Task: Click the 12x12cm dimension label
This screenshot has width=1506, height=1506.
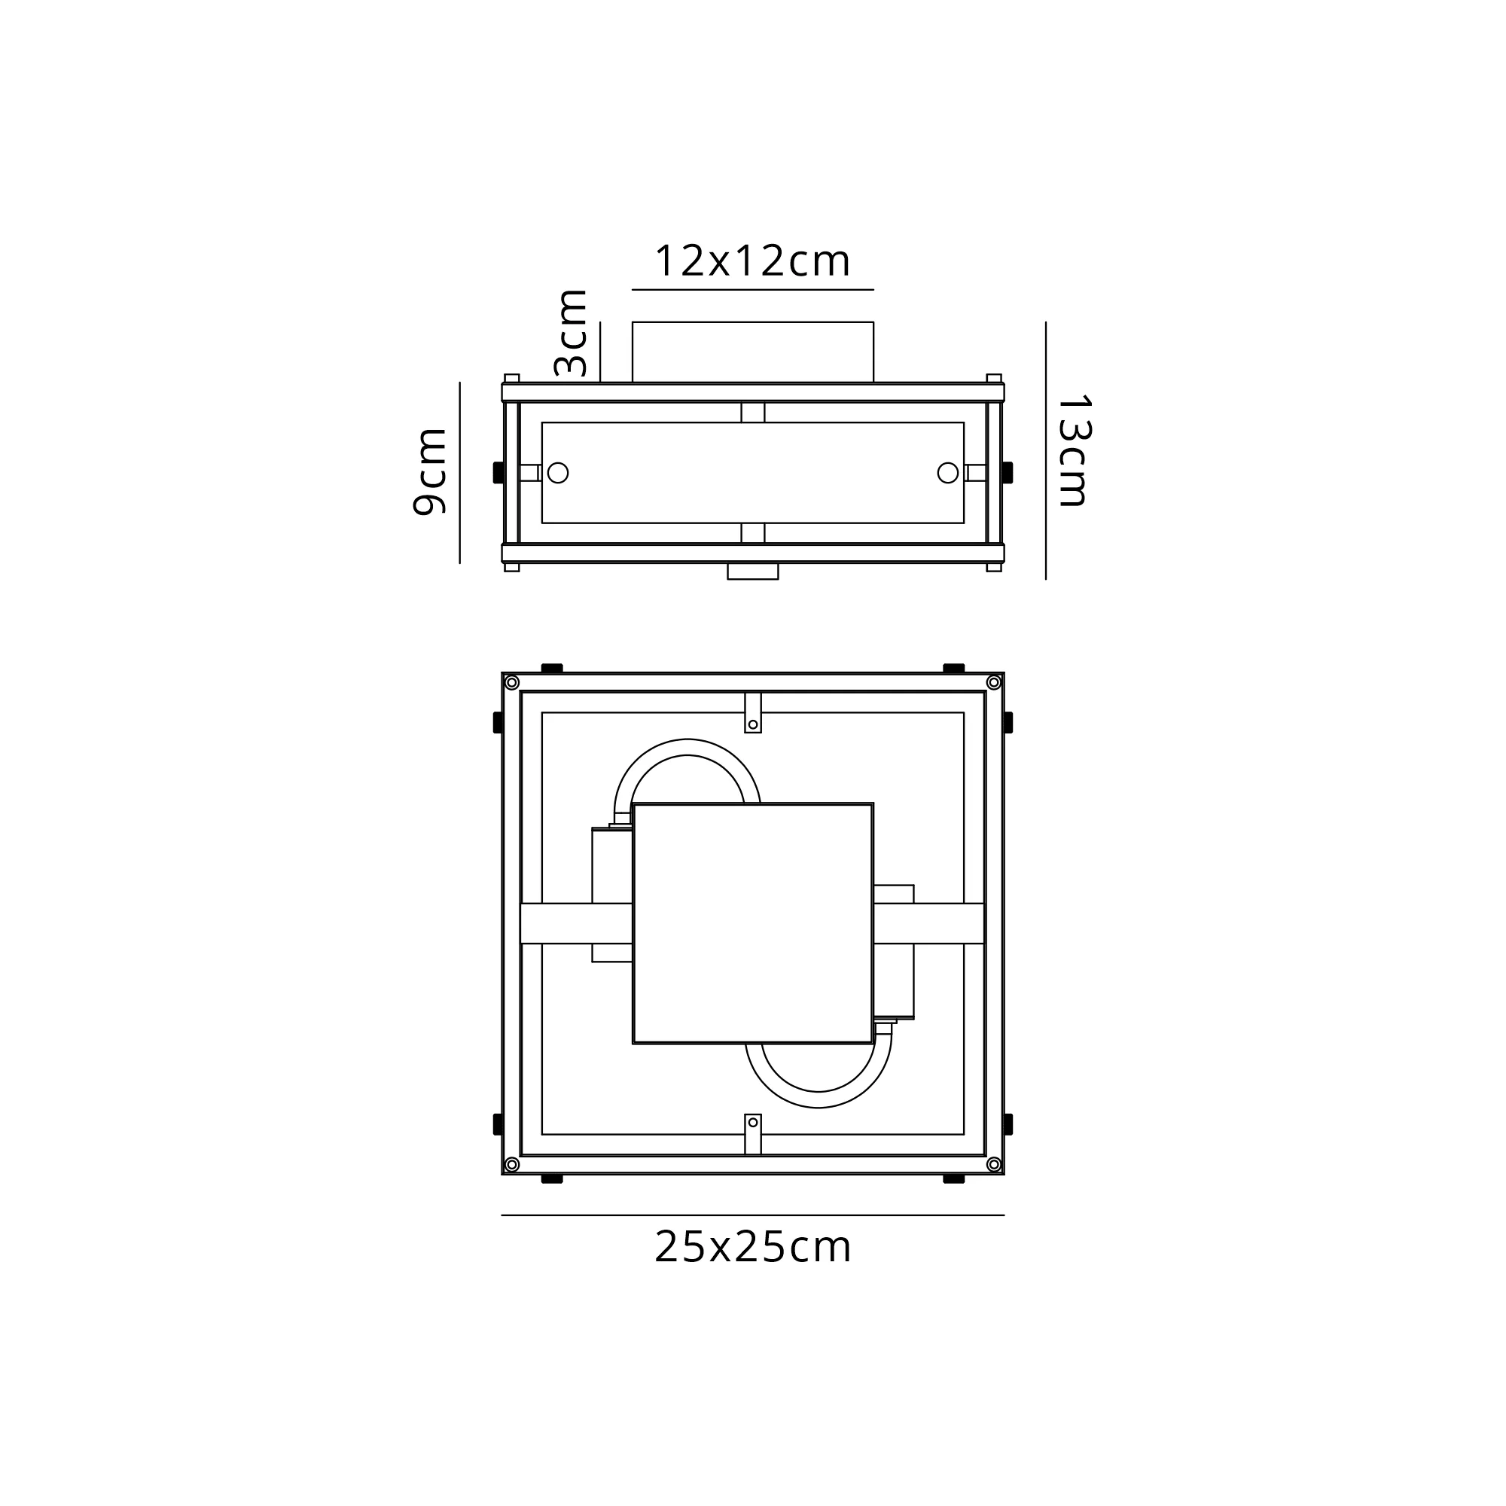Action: click(x=752, y=261)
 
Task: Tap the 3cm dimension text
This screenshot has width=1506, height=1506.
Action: click(x=571, y=333)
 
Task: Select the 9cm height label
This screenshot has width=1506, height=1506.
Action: click(x=429, y=471)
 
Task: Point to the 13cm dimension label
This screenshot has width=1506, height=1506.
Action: click(x=1073, y=452)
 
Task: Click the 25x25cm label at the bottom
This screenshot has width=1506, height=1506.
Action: click(x=752, y=1247)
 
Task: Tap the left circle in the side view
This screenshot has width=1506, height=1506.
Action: click(x=558, y=472)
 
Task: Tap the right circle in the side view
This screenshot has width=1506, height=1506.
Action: click(x=948, y=472)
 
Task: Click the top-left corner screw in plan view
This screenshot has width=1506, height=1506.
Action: click(x=512, y=683)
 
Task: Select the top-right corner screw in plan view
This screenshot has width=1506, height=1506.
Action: click(x=994, y=683)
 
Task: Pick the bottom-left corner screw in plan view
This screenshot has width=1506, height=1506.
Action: click(x=512, y=1165)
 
